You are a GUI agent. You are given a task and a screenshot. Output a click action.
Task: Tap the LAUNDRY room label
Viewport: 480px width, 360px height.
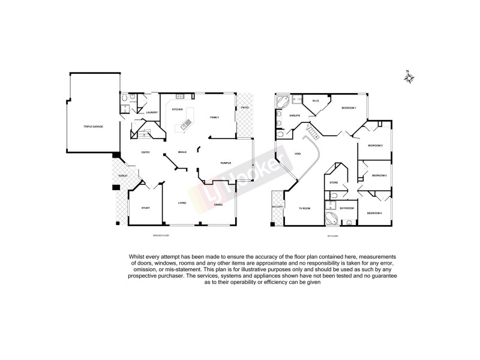(x=152, y=112)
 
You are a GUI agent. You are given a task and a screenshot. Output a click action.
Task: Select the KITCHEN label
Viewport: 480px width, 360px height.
(x=178, y=110)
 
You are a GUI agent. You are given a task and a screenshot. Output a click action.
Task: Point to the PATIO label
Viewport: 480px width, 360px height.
(x=245, y=108)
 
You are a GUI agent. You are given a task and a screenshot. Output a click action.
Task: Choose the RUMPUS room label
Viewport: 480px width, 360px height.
(x=226, y=162)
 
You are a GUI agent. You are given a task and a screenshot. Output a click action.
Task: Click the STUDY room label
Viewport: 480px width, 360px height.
(x=145, y=208)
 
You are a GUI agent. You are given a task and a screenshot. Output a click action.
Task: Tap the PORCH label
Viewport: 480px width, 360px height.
(x=122, y=176)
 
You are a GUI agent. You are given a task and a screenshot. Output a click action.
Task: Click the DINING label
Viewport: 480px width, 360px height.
(x=218, y=205)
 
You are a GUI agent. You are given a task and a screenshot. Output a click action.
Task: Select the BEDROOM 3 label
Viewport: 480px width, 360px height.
(x=379, y=175)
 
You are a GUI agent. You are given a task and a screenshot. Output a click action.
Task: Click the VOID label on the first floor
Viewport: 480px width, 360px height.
(x=298, y=154)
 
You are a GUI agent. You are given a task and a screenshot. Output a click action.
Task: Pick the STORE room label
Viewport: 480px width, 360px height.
(x=334, y=182)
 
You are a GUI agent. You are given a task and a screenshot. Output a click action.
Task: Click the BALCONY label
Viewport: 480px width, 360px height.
(x=277, y=207)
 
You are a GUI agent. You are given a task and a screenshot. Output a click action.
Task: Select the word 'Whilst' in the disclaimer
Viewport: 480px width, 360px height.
(x=136, y=257)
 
